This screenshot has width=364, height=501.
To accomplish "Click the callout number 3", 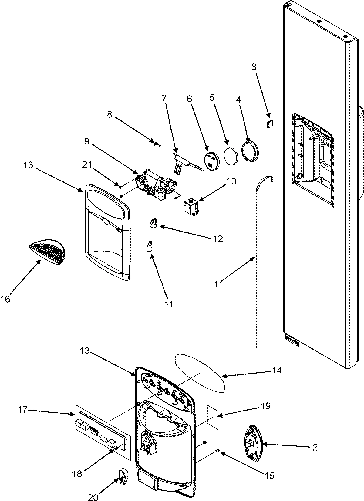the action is click(254, 67).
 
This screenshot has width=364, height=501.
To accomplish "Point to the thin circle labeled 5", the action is click(231, 156).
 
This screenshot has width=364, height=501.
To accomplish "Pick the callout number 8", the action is click(109, 114).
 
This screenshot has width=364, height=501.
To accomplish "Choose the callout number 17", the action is click(23, 410).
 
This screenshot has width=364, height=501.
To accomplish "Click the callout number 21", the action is click(87, 165).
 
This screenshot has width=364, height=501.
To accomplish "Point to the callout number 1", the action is click(216, 284).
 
